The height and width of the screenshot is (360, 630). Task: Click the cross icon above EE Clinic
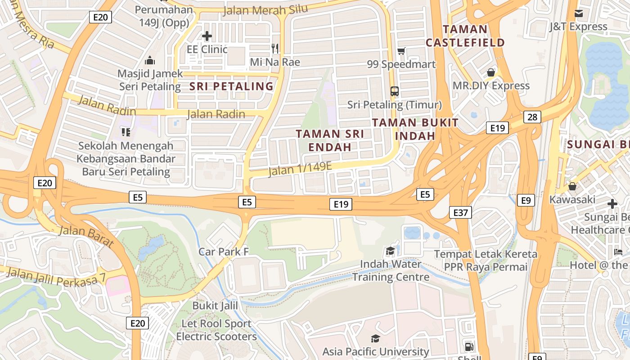(207, 36)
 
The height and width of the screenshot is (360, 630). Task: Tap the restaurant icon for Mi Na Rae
(275, 48)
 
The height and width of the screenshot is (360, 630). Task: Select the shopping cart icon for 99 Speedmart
(401, 51)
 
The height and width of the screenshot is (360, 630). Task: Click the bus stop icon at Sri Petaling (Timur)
(395, 91)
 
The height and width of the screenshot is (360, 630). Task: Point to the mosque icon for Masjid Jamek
(150, 60)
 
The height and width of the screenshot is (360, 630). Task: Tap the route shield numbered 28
(532, 117)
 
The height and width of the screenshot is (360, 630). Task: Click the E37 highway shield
(460, 212)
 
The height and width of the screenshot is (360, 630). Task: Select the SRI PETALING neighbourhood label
(231, 86)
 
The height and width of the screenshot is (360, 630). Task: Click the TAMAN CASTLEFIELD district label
(465, 36)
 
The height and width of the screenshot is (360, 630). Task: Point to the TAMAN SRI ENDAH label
(330, 140)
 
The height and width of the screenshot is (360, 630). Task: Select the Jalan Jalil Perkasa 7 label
(56, 276)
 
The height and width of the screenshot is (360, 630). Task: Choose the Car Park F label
(224, 252)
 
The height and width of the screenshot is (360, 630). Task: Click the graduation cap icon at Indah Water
(390, 251)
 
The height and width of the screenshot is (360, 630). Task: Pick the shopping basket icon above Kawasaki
(572, 186)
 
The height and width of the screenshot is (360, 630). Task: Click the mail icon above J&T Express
(578, 13)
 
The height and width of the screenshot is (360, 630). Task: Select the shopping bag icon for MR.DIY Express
(491, 72)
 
